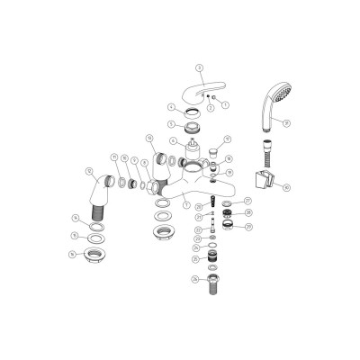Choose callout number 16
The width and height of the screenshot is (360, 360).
click(x=71, y=255)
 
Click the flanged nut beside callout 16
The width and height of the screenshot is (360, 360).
click(x=94, y=255)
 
